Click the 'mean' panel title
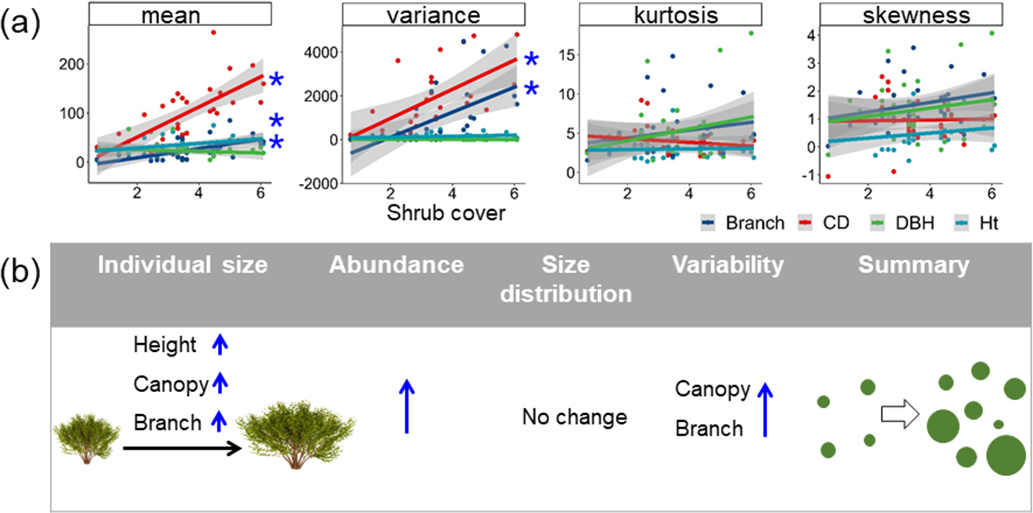(171, 14)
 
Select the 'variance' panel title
(433, 14)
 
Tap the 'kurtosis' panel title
(675, 14)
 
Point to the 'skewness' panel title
(916, 14)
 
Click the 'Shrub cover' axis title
(446, 213)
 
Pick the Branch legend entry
(743, 223)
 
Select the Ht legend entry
(976, 223)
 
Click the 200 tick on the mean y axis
(71, 64)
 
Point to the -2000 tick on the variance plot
(321, 183)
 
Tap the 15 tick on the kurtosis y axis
(567, 55)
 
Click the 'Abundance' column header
(396, 265)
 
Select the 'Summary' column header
(913, 265)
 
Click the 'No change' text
(574, 417)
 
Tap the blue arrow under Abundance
(407, 406)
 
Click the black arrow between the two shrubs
(181, 448)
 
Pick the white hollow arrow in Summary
(900, 414)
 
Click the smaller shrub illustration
(86, 437)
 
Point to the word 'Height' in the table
(165, 345)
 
